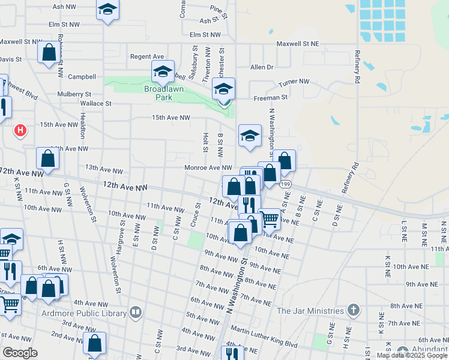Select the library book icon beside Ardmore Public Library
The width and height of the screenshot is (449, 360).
point(136,312)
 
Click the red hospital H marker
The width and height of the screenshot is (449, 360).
point(21,130)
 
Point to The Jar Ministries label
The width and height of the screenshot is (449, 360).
point(310,311)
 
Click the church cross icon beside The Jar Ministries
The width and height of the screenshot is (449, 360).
point(354,310)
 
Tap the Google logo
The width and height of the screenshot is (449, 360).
point(20,353)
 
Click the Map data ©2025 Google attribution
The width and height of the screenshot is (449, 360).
point(412,355)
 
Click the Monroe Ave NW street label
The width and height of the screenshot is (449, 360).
point(208,168)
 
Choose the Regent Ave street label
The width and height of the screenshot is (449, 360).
point(147,56)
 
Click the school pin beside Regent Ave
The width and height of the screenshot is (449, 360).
point(163,72)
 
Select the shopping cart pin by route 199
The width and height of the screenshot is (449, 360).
point(270,219)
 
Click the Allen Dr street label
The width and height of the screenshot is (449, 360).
point(262,67)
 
